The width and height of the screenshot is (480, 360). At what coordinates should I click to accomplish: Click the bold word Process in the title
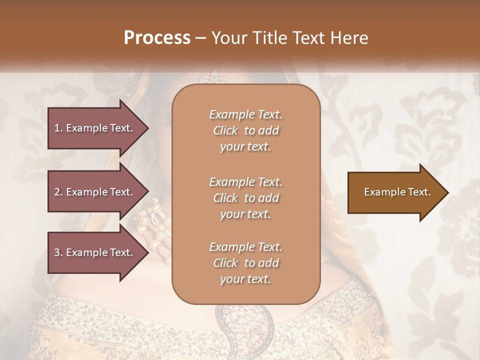point(157,38)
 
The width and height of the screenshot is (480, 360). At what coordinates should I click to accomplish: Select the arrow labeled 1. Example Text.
point(95,128)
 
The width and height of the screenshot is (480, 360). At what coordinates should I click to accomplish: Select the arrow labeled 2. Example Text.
point(95,192)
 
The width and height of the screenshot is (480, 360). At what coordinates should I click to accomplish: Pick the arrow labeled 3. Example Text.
point(95,252)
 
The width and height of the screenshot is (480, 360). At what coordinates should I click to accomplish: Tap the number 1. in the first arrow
point(58,128)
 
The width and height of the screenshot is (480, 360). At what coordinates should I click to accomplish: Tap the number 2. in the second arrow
point(58,192)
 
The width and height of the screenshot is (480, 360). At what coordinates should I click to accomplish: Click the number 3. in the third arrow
point(58,252)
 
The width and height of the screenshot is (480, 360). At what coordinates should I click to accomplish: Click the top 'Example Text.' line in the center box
point(245,114)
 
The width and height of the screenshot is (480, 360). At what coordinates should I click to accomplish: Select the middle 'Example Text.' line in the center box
point(245,181)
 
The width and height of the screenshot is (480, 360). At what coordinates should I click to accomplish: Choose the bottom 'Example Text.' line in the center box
point(245,247)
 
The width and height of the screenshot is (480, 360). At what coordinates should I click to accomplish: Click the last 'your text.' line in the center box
point(245,279)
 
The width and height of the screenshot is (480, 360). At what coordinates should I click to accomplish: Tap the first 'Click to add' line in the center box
point(245,130)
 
